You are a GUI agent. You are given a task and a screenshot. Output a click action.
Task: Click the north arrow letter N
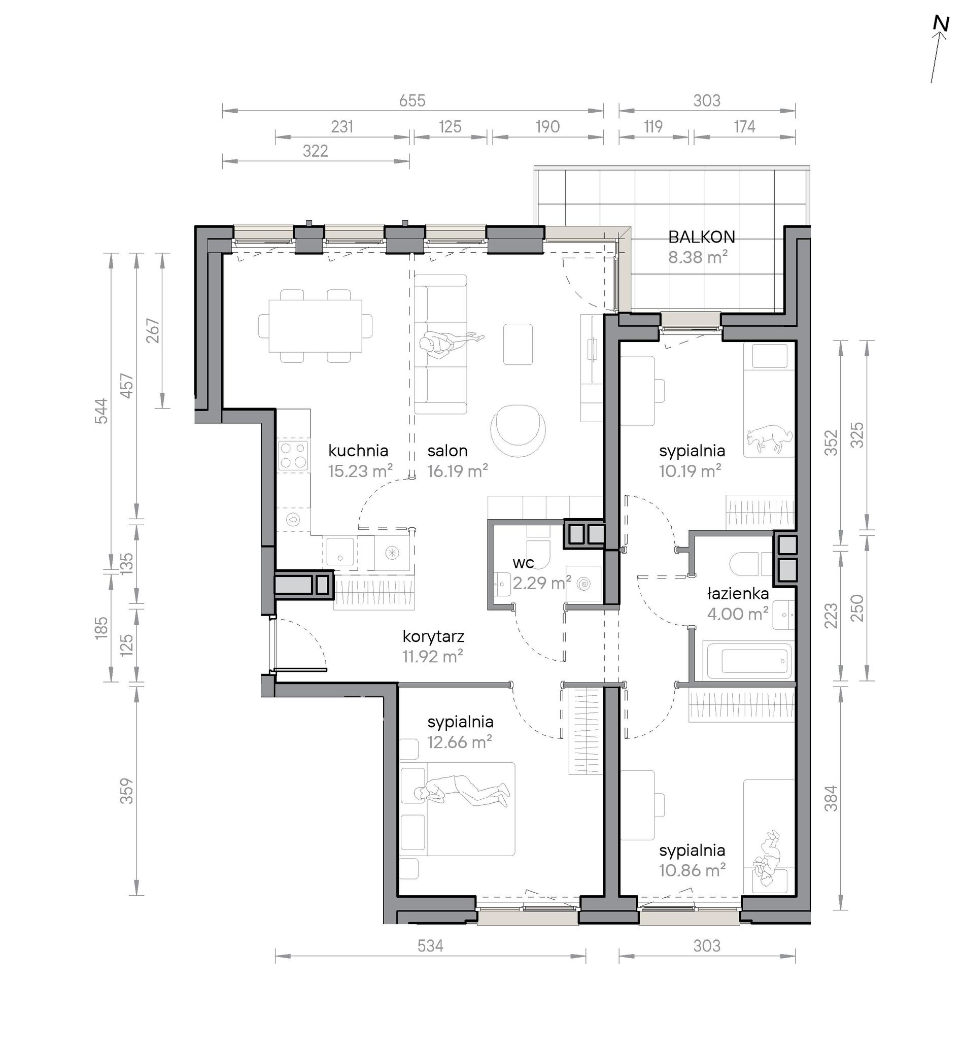(941, 39)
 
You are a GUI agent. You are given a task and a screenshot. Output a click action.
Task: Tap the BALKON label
(701, 237)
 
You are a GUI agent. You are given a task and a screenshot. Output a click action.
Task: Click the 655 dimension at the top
(412, 100)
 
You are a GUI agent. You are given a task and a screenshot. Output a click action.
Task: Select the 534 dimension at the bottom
(430, 945)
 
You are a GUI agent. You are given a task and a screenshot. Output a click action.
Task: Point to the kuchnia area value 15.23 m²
(360, 471)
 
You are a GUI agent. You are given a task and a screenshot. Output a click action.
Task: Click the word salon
(447, 451)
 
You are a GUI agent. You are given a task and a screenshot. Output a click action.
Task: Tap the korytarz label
(433, 637)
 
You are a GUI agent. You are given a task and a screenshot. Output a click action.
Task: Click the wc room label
(523, 563)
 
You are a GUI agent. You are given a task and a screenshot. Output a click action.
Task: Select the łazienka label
(738, 594)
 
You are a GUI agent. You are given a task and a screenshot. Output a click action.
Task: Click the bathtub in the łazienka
(747, 661)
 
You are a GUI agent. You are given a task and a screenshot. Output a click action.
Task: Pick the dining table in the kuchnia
(316, 326)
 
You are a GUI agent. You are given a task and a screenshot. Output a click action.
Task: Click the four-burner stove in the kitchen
(292, 456)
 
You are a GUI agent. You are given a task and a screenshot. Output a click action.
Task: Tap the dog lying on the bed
(770, 437)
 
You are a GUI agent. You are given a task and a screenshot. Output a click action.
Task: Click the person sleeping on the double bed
(462, 792)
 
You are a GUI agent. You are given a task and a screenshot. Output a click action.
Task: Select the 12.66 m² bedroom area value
(460, 742)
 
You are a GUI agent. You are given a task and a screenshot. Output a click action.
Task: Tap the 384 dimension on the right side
(831, 798)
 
